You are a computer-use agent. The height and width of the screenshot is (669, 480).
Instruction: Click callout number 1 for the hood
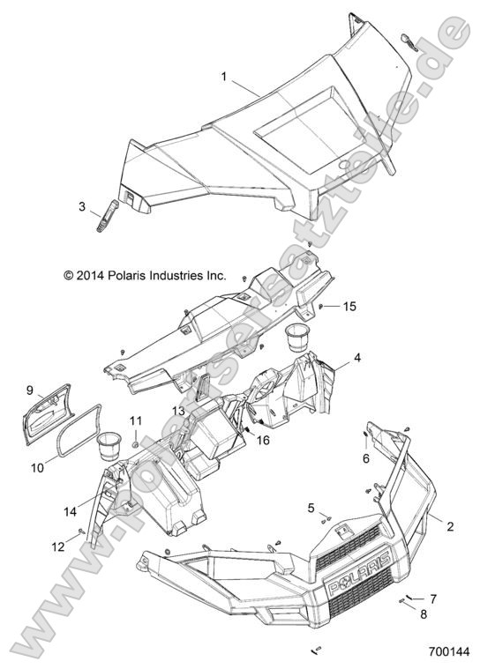tap(224, 78)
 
